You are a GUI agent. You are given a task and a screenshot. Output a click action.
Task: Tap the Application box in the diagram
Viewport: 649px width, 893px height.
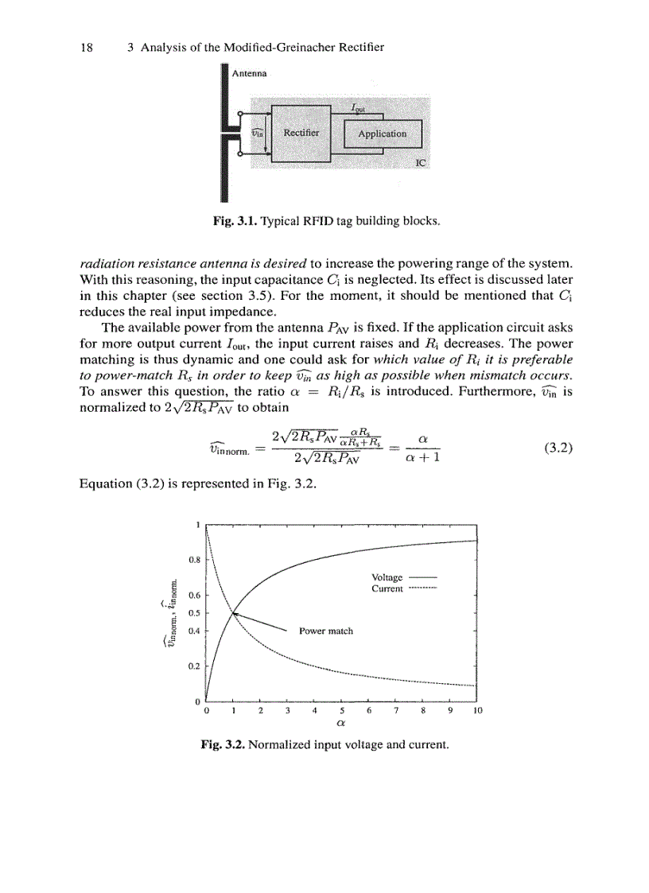pyautogui.click(x=382, y=134)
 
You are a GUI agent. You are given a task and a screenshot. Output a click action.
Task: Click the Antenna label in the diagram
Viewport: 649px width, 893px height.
pyautogui.click(x=250, y=72)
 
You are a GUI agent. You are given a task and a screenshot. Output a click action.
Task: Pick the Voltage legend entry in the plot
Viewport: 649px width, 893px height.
pyautogui.click(x=387, y=577)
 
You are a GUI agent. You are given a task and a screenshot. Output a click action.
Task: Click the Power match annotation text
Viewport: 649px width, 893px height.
pyautogui.click(x=325, y=631)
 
